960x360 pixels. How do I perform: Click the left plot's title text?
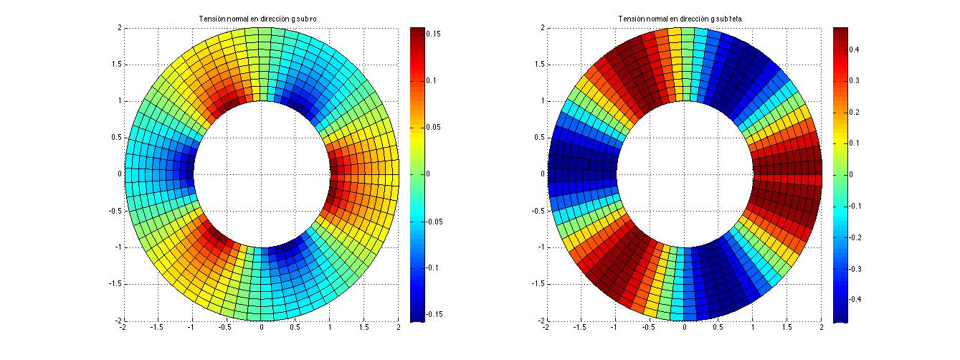point(261,19)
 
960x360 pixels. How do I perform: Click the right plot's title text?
point(684,19)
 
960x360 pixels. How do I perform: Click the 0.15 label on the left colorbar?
point(437,33)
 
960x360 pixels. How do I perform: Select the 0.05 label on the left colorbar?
point(437,127)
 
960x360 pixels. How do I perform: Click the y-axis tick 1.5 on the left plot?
point(115,65)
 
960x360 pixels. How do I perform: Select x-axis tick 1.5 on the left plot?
point(364,327)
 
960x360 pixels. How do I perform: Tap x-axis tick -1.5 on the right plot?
point(580,327)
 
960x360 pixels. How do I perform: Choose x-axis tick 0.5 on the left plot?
point(295,327)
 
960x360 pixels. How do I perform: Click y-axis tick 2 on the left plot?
point(118,28)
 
